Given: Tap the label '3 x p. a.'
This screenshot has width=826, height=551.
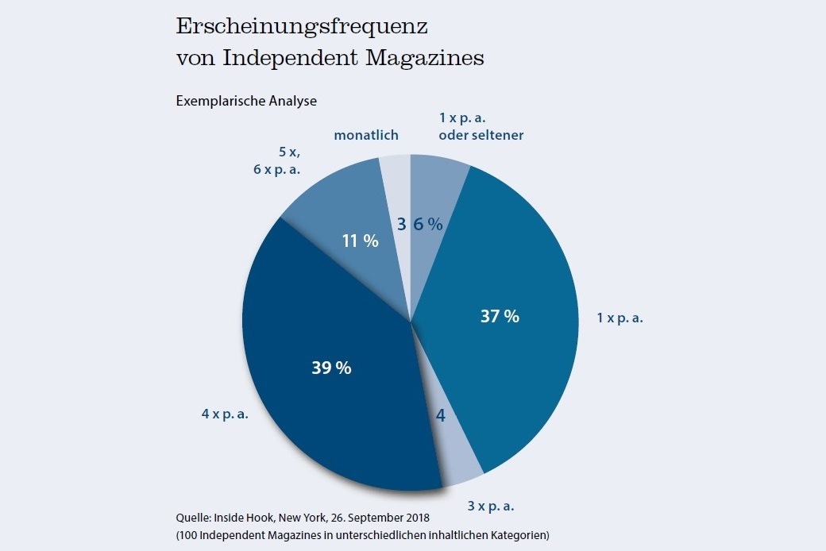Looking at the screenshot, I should (489, 506).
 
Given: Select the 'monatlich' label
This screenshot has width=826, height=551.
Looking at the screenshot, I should (366, 135).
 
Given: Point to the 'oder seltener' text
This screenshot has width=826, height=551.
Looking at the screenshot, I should (481, 134).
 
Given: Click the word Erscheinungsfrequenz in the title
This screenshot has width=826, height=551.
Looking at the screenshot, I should (302, 26).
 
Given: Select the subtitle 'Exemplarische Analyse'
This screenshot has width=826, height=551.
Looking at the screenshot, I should (246, 101).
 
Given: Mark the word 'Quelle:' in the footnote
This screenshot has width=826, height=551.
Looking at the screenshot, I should (194, 518).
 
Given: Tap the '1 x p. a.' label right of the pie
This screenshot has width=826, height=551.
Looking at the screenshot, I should (620, 318).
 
